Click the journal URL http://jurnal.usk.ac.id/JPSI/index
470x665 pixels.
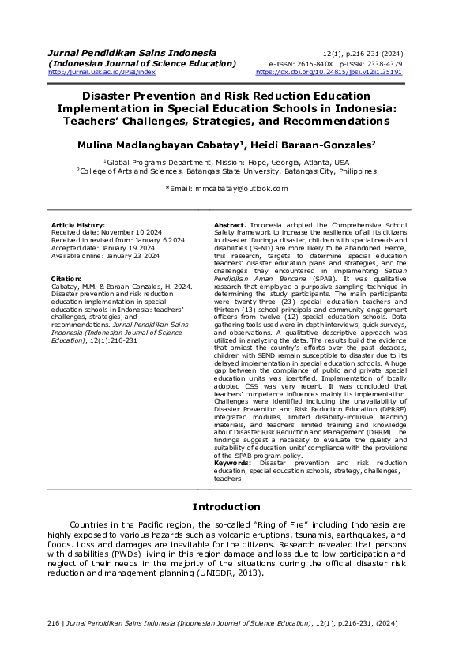[x=102, y=72]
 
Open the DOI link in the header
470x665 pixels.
[x=329, y=72]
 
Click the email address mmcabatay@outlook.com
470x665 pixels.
[x=247, y=189]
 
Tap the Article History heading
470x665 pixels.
[x=78, y=225]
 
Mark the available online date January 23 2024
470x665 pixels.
[x=132, y=256]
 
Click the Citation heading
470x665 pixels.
[x=66, y=279]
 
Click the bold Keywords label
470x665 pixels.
[x=235, y=462]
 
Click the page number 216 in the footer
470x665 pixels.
[x=54, y=623]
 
